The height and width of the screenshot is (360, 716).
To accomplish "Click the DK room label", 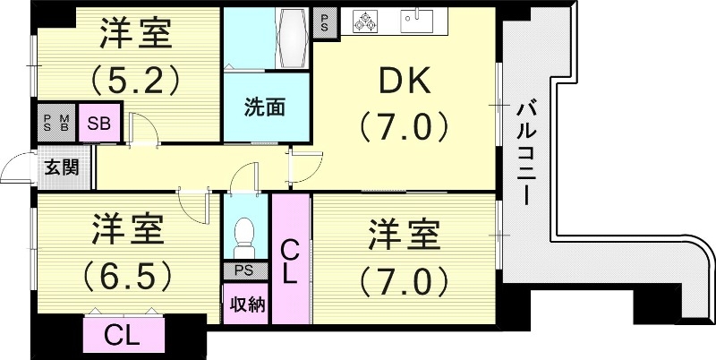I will tap(404, 83).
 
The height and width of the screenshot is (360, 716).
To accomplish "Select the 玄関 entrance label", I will tap(62, 167).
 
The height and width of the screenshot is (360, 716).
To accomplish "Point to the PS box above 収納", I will tap(243, 270).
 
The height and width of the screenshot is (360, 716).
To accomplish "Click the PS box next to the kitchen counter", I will tap(323, 21).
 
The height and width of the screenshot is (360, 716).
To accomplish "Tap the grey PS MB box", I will tap(55, 123).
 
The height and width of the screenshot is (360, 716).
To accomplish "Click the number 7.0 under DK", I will tap(404, 126).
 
